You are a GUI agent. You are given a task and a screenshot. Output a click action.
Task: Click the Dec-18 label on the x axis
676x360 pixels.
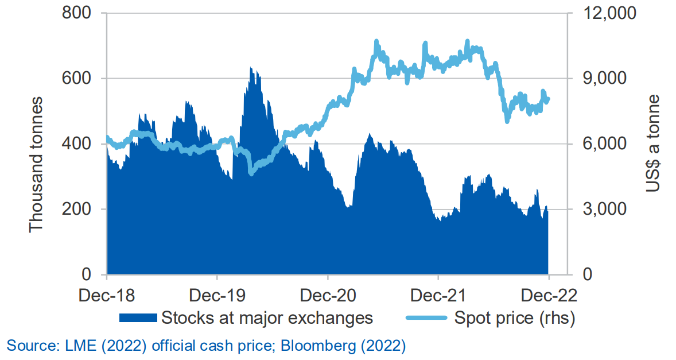point(107,296)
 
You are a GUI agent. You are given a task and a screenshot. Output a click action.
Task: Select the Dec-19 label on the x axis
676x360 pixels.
point(217,296)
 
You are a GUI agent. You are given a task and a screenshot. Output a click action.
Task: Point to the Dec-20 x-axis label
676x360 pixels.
point(328,296)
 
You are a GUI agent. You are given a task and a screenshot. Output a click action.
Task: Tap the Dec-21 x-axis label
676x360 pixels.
point(438,296)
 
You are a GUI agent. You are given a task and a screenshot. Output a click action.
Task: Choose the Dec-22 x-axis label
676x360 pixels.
point(549,296)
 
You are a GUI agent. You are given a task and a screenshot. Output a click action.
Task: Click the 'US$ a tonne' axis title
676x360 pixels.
point(652,144)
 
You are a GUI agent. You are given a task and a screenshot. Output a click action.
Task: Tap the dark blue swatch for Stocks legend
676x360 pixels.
point(138,318)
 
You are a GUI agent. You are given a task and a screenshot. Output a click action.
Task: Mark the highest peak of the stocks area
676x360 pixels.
point(251,68)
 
